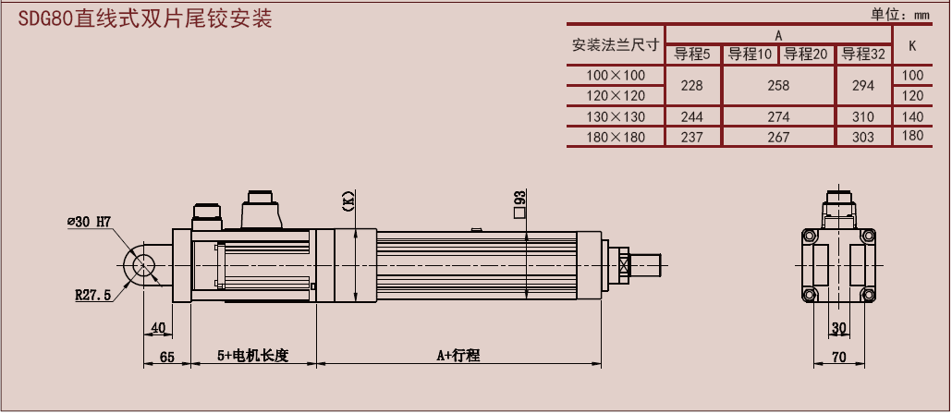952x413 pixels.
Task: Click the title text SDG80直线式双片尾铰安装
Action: [145, 19]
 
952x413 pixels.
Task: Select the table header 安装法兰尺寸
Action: [616, 45]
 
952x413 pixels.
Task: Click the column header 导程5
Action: [692, 55]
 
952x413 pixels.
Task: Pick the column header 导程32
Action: [863, 55]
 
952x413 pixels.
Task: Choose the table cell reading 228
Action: [692, 86]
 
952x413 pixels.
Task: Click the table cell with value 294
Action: [862, 86]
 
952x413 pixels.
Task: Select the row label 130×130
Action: [616, 116]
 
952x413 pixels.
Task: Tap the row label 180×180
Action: [616, 138]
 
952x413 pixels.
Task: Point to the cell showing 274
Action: [778, 116]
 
